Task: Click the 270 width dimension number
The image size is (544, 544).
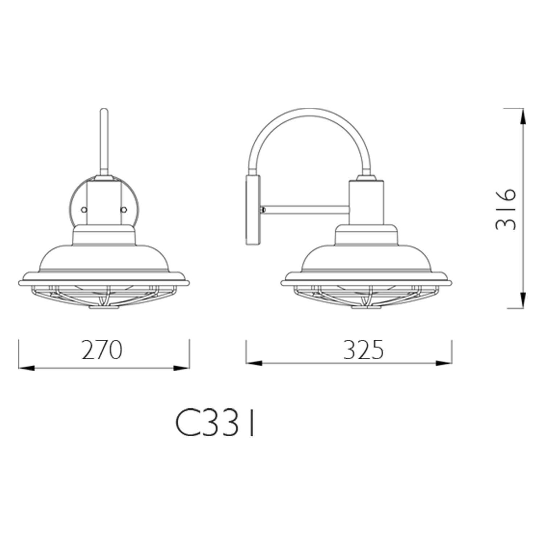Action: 102,350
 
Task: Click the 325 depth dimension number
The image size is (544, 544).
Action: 363,350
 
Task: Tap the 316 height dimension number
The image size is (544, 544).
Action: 505,209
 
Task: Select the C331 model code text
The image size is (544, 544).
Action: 215,424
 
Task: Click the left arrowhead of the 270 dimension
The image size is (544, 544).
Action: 26,368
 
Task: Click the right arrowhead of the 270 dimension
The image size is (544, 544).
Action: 181,368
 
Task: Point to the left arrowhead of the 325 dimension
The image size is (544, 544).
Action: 254,363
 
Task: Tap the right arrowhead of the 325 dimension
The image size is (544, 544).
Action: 444,363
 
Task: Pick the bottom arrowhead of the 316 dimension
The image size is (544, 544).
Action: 523,301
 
